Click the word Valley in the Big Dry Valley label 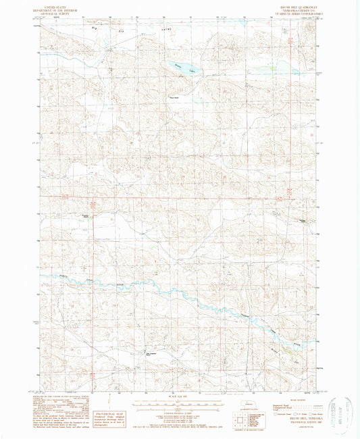click(x=144, y=30)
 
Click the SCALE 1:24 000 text click(x=179, y=396)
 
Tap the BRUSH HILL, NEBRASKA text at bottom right click(x=298, y=419)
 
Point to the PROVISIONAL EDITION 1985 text click(x=297, y=423)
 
